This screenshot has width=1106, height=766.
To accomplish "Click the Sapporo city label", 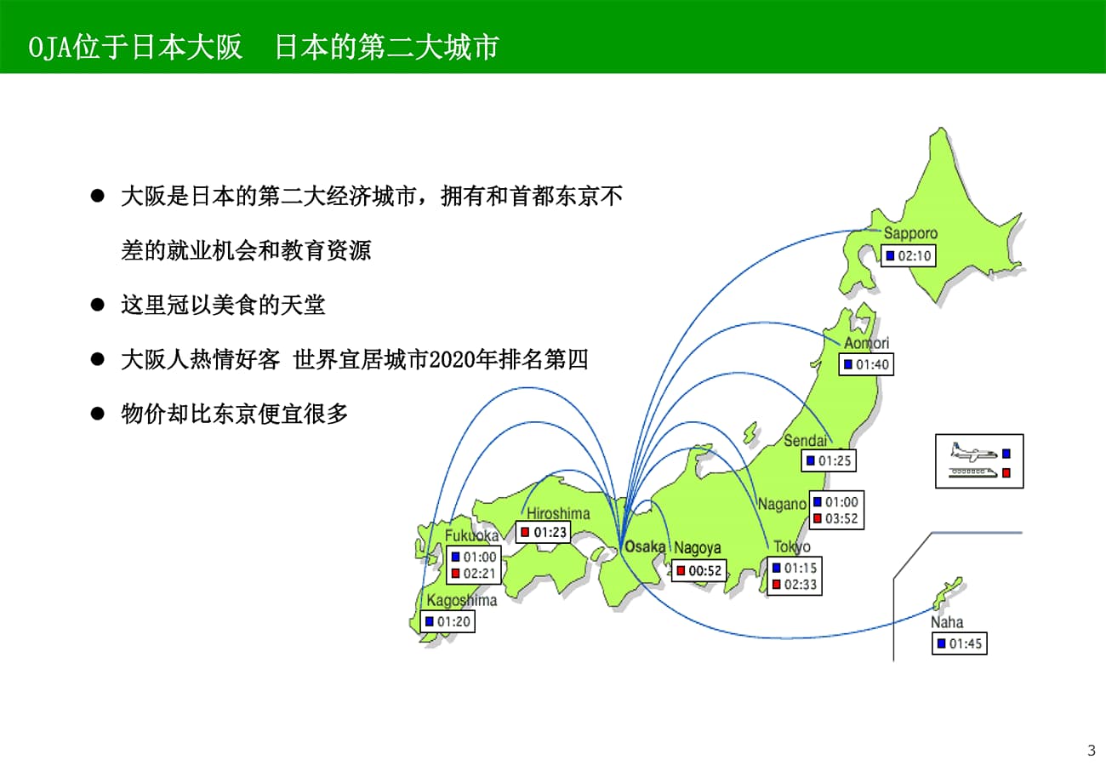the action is coord(910,233).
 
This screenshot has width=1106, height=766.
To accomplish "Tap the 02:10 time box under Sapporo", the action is coord(909,256).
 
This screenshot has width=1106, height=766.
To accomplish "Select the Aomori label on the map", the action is coord(867,343).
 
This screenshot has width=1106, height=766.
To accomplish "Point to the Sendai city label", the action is coord(806,440).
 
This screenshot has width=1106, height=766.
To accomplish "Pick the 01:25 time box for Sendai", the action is coord(829,460).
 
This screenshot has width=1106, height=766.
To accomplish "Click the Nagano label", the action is coord(782,504).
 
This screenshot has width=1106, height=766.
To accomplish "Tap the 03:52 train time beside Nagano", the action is coord(841,518).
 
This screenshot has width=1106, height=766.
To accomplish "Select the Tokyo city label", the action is coord(792,546).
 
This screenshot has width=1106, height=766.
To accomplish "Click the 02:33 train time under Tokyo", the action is coord(801,585).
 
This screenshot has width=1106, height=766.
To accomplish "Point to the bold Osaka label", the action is coord(645,546).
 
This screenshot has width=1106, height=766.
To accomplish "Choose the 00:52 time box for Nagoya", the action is coord(698,570).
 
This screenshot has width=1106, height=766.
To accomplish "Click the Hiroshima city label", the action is coord(558,513).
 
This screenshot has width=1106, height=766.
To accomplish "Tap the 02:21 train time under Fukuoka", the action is coord(480,574).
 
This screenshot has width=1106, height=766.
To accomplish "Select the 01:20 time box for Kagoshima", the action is coord(448,621).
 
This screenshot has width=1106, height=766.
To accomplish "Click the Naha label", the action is coord(947,622).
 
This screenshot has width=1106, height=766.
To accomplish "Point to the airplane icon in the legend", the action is coord(973,452).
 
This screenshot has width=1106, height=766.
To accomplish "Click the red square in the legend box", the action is coord(1006,473).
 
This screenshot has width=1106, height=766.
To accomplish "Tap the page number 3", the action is coord(1092,750).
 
